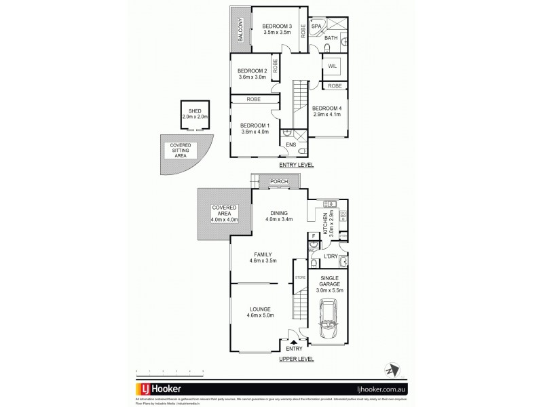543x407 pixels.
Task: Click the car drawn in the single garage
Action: click(x=329, y=324)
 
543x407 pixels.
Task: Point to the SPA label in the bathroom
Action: click(x=316, y=26)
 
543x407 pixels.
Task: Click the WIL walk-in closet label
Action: click(x=333, y=66)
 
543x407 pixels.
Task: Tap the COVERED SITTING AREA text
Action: click(x=180, y=150)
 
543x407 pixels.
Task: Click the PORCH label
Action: click(x=278, y=182)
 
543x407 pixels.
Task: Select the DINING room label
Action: click(x=278, y=211)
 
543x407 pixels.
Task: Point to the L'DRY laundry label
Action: click(x=331, y=256)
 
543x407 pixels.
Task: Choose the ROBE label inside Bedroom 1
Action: click(x=254, y=99)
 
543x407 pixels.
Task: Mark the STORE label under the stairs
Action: click(x=299, y=277)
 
